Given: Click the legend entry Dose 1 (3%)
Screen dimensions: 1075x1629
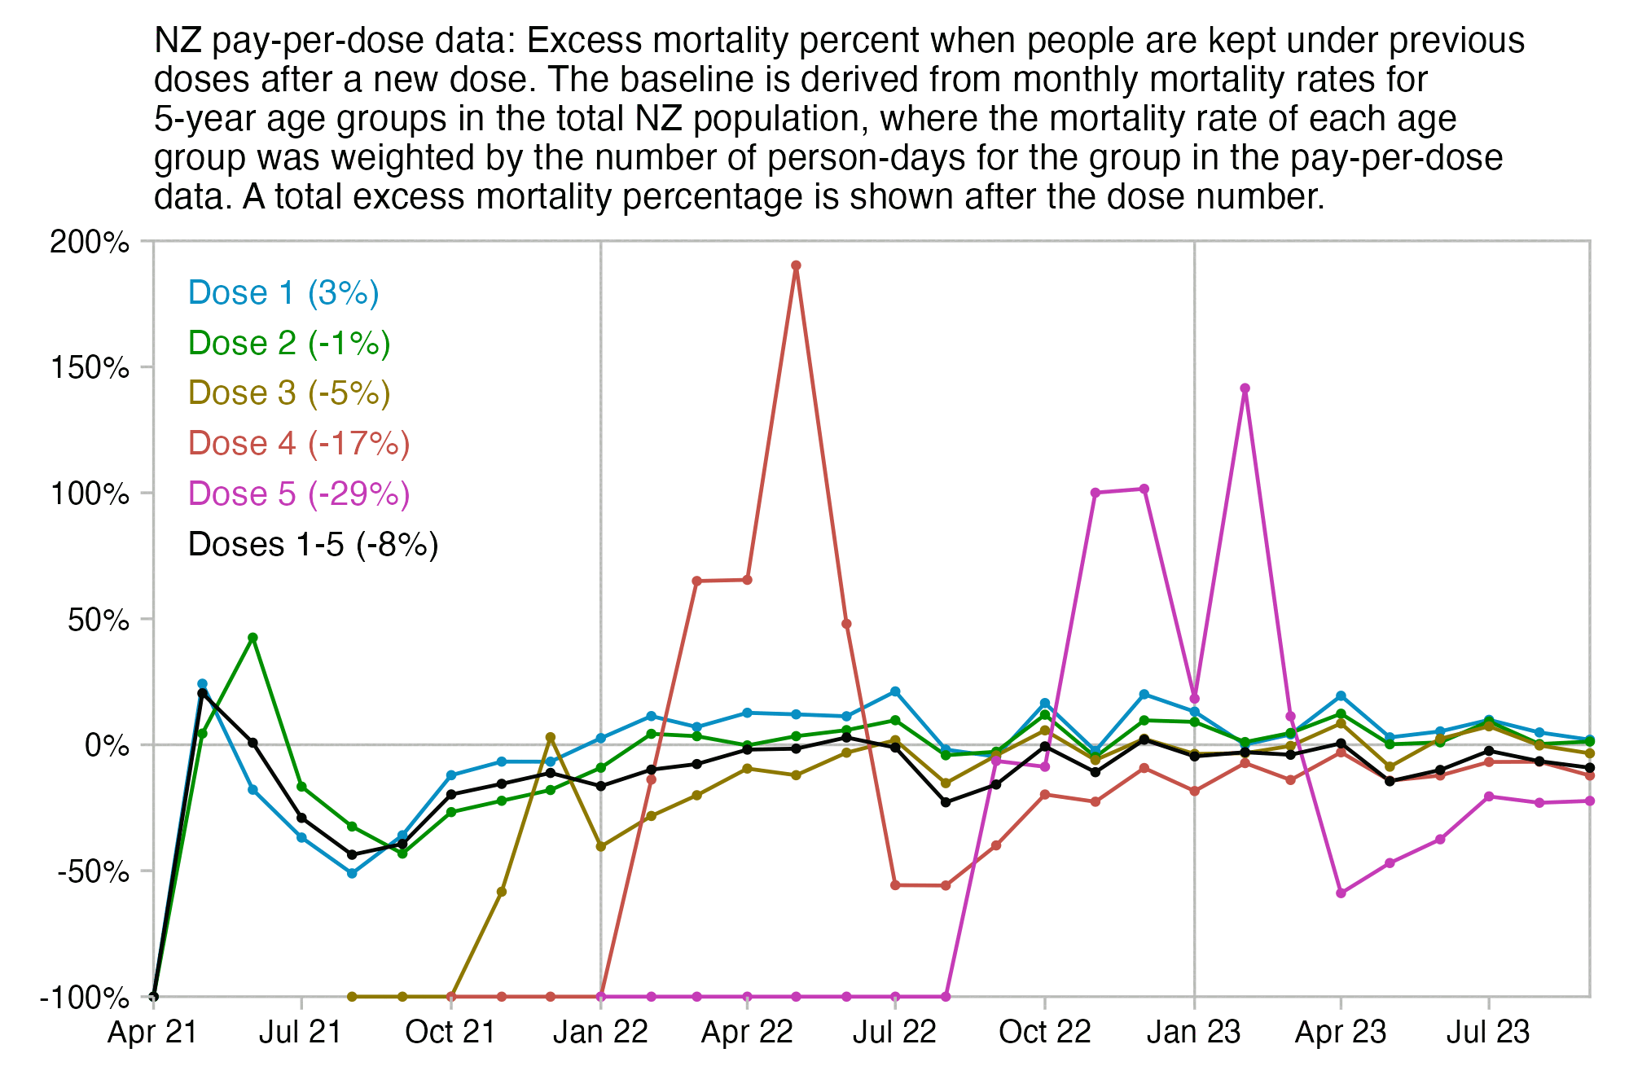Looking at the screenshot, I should point(283,293).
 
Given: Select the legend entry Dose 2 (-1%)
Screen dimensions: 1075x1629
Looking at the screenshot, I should point(289,343).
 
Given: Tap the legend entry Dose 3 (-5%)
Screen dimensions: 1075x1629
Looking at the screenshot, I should point(289,393).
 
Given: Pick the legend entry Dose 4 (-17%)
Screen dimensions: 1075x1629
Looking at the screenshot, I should point(299,444).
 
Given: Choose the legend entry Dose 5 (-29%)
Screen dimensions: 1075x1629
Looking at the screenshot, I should point(299,494).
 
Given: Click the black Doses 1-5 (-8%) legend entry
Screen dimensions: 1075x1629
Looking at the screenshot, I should point(313,545).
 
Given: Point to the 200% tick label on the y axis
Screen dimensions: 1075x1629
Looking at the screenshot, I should point(90,242).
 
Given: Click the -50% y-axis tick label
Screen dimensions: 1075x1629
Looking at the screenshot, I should point(94,871).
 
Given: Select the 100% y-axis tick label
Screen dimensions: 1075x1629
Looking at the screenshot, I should point(90,494).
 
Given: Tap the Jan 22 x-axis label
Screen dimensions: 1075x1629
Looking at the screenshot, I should point(600,1033).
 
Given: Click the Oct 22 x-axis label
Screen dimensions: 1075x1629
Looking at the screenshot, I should point(1044,1033).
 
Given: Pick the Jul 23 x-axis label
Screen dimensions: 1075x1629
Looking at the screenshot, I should point(1488,1033).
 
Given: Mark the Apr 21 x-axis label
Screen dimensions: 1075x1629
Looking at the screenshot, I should point(153,1033).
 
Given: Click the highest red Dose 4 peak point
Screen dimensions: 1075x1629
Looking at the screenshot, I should point(796,265).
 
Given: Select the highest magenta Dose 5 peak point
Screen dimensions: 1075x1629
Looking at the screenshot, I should point(1245,388).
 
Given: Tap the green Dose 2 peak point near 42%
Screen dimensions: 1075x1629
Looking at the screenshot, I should point(252,638).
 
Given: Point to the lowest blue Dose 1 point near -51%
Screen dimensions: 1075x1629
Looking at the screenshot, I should point(352,873).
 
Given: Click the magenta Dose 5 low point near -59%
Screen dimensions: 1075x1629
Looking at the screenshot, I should point(1341,893).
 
